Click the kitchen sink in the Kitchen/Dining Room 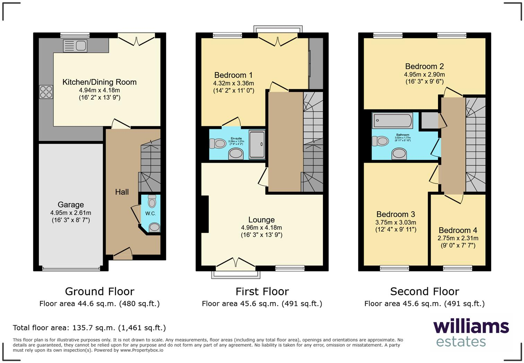point(75,46)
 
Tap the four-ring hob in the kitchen point(46,92)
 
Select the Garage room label point(71,205)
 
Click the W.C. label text point(150,213)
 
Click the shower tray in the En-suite point(257,144)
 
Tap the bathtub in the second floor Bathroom point(392,121)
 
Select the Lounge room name point(261,220)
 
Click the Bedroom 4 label point(458,230)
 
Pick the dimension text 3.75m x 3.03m point(396,222)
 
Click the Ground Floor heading point(99,291)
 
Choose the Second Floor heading point(425,291)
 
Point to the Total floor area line point(89,328)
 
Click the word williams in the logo point(471,327)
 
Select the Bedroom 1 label point(233,75)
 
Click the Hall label point(122,192)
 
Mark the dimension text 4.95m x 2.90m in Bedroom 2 point(424,74)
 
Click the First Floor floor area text point(262,304)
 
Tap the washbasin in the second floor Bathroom point(399,153)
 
